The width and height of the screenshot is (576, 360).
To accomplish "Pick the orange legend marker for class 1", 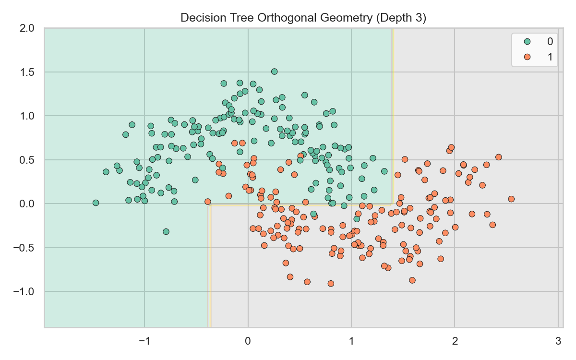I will pos(527,57).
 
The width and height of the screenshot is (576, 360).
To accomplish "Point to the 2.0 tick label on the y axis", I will pos(27,28).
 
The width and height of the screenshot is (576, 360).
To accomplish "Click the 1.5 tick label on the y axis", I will pos(27,72).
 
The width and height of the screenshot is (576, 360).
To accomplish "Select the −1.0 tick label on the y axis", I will pos(24,292).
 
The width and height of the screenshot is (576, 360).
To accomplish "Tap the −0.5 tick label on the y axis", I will pos(24,248).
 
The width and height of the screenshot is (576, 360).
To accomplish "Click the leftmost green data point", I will pos(96,203).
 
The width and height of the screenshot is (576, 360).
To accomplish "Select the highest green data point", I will pos(274,72).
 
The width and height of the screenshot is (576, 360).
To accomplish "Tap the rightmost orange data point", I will pos(511,199).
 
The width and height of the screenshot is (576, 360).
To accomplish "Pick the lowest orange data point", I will pos(331,284).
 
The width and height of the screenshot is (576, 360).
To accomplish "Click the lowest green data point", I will pos(166,231).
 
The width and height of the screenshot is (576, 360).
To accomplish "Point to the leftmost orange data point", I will pos(207,202).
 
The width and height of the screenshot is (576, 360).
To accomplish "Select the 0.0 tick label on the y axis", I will pos(27,204).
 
